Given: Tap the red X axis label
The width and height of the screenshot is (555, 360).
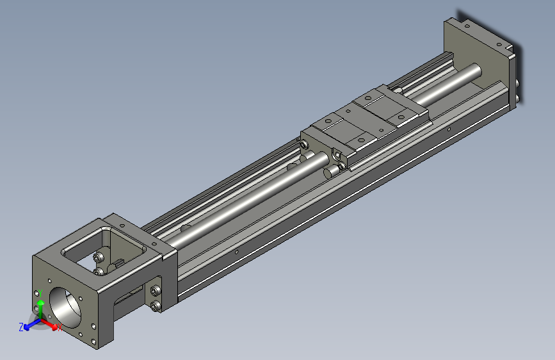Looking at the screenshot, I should pyautogui.click(x=59, y=327).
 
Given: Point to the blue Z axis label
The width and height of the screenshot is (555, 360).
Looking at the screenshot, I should pyautogui.click(x=21, y=327).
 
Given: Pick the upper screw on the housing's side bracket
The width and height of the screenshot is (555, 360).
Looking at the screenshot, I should pyautogui.click(x=156, y=291).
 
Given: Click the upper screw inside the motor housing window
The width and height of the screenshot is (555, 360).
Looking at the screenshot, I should pyautogui.click(x=97, y=258).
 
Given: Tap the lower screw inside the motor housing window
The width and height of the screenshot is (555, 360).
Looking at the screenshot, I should pyautogui.click(x=98, y=272).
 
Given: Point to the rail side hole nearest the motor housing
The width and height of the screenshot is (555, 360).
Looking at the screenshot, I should pyautogui.click(x=237, y=252).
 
